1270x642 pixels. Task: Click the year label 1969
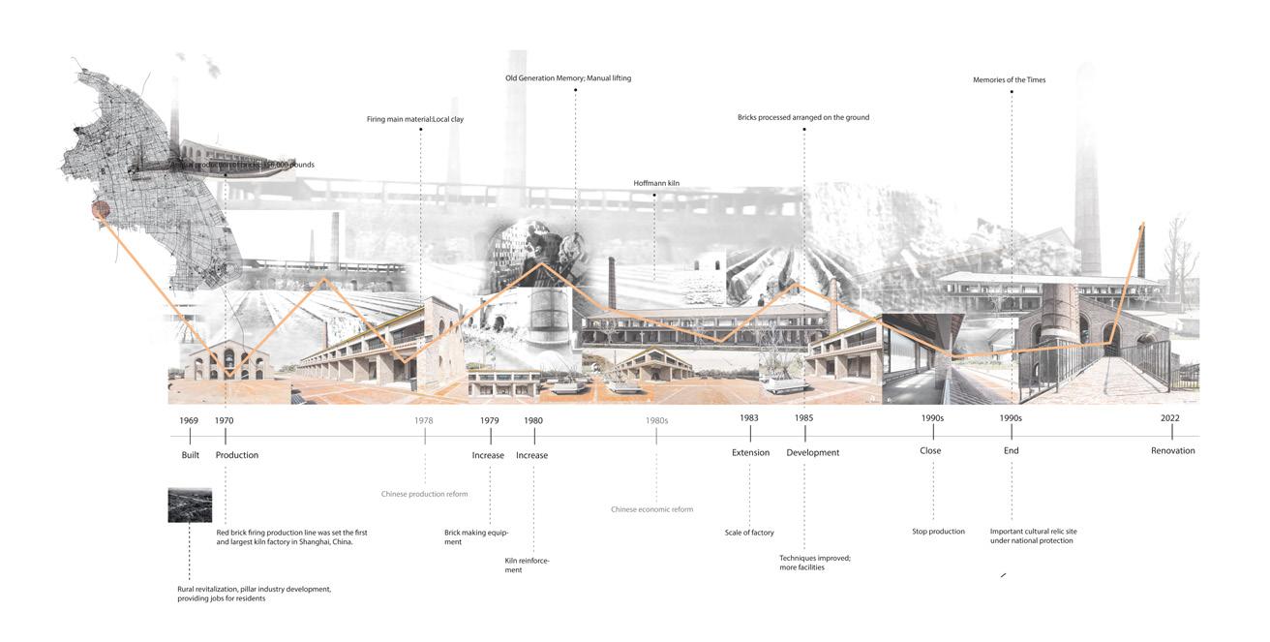point(189,420)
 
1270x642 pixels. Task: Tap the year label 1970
point(224,420)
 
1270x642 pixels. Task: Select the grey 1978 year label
point(423,420)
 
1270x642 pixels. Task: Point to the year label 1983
point(748,418)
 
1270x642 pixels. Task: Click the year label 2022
point(1170,418)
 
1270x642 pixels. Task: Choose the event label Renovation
point(1172,451)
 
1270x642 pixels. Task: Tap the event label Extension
point(750,452)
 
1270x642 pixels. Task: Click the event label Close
point(929,450)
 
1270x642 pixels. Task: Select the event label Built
point(190,455)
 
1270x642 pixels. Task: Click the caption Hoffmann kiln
point(656,183)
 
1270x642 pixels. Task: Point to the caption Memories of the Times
point(1009,80)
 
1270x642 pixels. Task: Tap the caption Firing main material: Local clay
point(421,119)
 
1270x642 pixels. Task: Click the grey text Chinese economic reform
point(651,509)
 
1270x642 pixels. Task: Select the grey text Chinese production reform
point(424,494)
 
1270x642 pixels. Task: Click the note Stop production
point(938,532)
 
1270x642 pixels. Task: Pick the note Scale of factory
point(749,533)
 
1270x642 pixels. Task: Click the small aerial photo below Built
point(190,505)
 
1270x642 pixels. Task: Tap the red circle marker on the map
point(98,210)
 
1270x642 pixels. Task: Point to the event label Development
point(812,452)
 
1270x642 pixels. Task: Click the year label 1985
point(803,418)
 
